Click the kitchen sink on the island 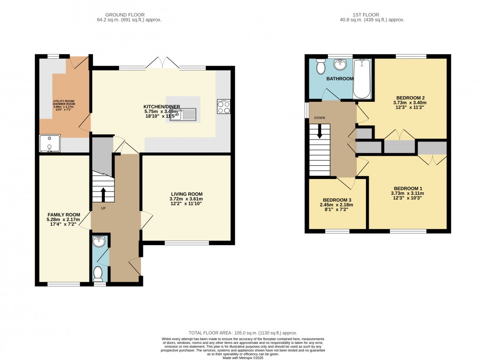tap(182, 114)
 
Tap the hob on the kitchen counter tap(223, 107)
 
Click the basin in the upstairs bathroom tap(340, 64)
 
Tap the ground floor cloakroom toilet tap(98, 273)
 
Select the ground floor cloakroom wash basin tap(99, 242)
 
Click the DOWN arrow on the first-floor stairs tap(320, 131)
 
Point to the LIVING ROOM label tap(187, 194)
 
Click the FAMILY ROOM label tap(63, 215)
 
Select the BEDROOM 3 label tap(338, 200)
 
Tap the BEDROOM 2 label tap(409, 97)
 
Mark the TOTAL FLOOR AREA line tap(243, 333)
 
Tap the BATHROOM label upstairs tap(340, 79)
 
